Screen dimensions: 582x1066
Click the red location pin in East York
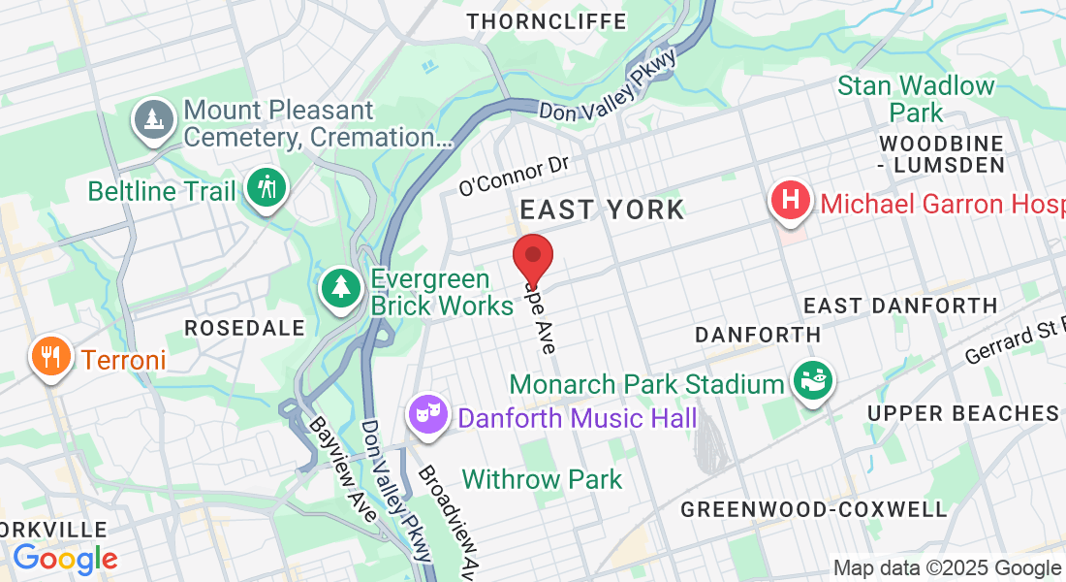[x=532, y=256]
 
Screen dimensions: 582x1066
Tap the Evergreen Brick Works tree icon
[x=340, y=287]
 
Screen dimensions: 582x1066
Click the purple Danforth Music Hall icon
[x=426, y=415]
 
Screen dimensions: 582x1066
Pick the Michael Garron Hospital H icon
[x=791, y=201]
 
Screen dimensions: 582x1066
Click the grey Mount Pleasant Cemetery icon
[x=153, y=119]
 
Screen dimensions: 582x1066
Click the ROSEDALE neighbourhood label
[x=244, y=328]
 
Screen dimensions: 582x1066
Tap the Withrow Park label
[x=542, y=479]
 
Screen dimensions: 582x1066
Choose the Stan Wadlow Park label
[x=916, y=98]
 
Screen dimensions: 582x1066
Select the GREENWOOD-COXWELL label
[x=813, y=509]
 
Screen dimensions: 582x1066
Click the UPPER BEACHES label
[x=963, y=414]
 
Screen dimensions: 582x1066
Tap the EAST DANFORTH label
[x=900, y=306]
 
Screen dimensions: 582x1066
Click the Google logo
[x=65, y=558]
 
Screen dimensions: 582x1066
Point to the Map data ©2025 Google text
[x=947, y=568]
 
